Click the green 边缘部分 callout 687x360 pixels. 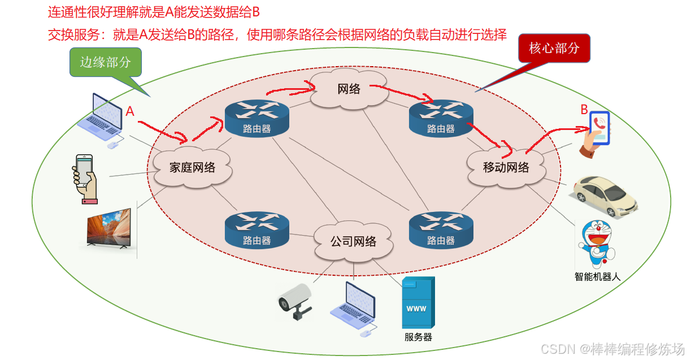click(x=105, y=62)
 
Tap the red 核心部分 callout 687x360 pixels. click(x=554, y=49)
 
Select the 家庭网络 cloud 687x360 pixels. click(x=192, y=167)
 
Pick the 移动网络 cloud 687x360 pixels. click(x=506, y=167)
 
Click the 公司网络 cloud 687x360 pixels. click(x=353, y=242)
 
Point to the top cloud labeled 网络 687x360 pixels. click(x=349, y=89)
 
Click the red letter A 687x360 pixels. click(x=130, y=111)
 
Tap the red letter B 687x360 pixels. click(x=584, y=110)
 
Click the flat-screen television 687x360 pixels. click(x=109, y=228)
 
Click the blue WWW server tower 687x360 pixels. click(x=418, y=302)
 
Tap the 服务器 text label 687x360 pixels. click(x=418, y=337)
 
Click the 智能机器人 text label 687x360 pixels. click(x=597, y=277)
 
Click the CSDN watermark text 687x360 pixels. click(x=613, y=348)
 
